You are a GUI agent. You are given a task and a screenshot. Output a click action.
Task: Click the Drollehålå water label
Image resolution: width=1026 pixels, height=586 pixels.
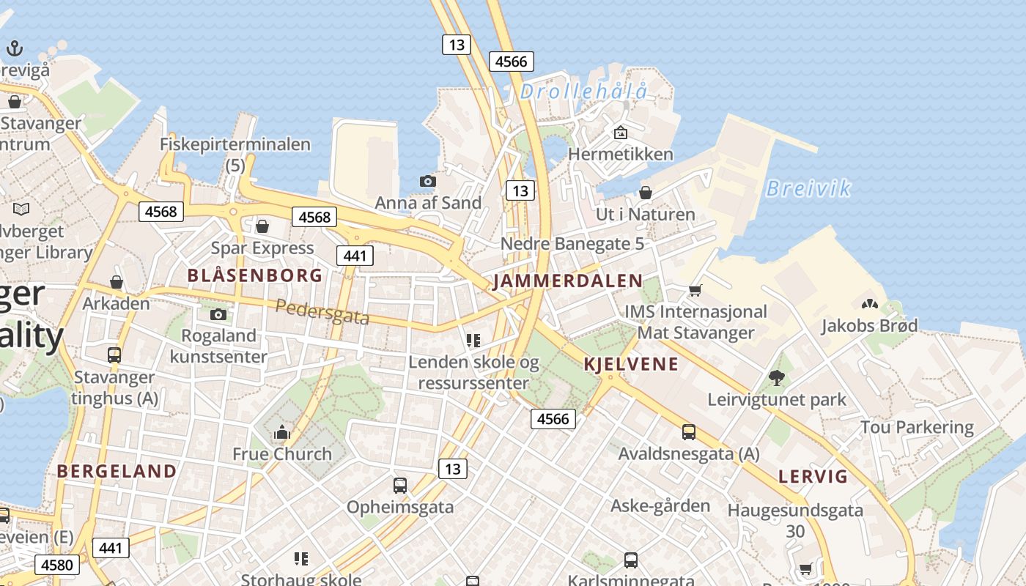(x=584, y=92)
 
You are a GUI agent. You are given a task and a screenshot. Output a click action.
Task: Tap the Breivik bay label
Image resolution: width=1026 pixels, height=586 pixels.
(x=808, y=189)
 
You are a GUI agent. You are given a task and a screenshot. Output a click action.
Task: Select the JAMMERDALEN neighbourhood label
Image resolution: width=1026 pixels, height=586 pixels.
(x=568, y=281)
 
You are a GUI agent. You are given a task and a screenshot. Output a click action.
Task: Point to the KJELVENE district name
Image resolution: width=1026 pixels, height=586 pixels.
(x=631, y=364)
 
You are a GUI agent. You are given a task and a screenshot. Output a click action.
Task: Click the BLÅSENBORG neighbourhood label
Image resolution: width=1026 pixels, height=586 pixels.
(x=254, y=275)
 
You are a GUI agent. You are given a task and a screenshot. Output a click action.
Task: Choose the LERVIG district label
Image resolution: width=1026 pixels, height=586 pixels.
(x=813, y=477)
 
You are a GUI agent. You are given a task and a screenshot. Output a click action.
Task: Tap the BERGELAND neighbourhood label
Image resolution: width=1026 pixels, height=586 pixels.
(x=117, y=471)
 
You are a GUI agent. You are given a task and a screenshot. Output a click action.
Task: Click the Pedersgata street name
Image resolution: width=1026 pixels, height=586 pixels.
(x=322, y=313)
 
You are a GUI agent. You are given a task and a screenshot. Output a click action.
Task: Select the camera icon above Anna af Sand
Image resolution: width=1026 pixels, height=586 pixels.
(x=428, y=181)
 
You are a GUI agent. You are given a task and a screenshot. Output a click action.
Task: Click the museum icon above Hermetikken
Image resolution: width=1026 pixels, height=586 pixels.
(x=621, y=133)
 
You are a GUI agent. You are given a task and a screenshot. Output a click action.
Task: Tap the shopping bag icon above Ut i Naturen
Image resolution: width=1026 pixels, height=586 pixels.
(x=646, y=193)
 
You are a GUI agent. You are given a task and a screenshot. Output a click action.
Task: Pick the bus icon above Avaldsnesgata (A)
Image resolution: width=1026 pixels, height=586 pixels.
(x=689, y=432)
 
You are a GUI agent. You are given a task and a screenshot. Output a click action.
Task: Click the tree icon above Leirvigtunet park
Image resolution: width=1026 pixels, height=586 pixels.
(x=777, y=378)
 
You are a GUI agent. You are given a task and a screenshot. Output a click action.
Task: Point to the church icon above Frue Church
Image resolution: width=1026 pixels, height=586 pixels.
(x=282, y=433)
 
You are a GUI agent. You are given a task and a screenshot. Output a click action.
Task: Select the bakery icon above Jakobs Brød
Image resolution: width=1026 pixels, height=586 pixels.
(x=870, y=304)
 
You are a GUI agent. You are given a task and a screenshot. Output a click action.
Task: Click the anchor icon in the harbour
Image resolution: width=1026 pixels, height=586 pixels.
(x=15, y=49)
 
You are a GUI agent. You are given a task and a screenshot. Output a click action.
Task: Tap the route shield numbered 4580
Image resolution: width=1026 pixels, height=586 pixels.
(x=57, y=565)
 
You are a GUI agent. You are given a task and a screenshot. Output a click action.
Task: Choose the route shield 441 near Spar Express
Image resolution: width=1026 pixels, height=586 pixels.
(x=355, y=256)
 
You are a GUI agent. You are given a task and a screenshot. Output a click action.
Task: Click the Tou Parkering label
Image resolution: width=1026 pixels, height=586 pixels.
(x=917, y=427)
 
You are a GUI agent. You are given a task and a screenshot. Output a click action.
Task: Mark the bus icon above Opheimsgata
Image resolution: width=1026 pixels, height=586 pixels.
(x=400, y=485)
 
